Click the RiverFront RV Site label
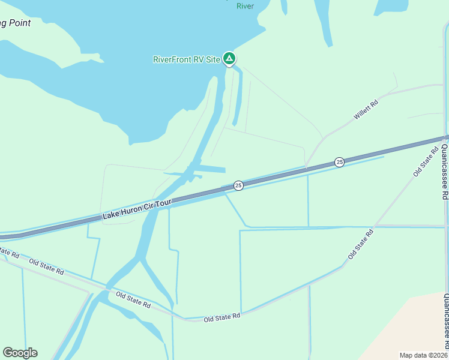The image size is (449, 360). coord(186,59)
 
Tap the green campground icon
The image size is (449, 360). coord(229,59)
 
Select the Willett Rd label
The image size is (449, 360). coord(366,109)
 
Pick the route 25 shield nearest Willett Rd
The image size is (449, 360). coord(339,162)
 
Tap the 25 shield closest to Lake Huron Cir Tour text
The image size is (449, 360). coord(238,185)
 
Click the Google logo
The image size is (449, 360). coord(20,353)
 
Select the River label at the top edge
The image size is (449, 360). coord(245,6)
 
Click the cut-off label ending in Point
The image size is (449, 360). coord(14,23)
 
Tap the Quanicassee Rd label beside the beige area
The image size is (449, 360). coord(445,321)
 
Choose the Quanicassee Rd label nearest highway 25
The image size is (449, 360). coord(445,171)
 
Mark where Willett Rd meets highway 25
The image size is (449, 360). coord(306,169)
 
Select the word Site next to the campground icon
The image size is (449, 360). coord(212,59)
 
